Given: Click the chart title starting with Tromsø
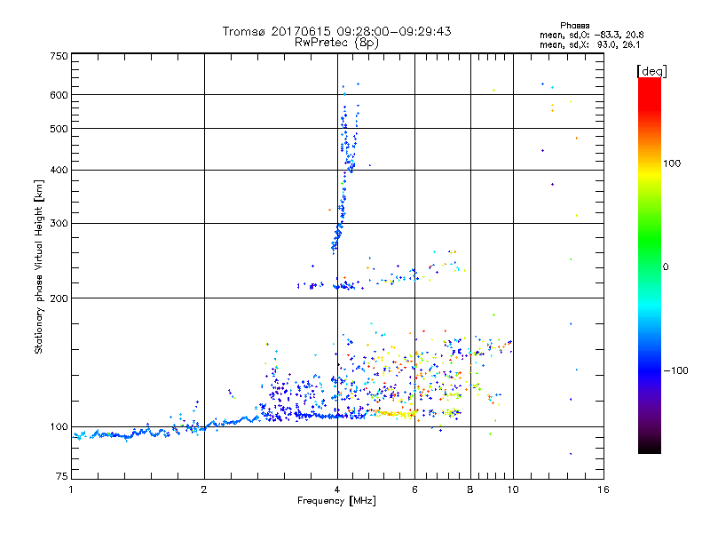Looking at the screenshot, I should click(337, 31).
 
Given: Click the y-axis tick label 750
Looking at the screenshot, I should click(59, 56).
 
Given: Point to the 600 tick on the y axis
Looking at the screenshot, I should click(59, 95).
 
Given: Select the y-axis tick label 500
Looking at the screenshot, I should click(59, 129).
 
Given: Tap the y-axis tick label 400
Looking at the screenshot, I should click(59, 171).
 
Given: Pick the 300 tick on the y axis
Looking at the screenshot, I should click(59, 224).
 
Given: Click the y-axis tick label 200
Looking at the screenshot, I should click(59, 298).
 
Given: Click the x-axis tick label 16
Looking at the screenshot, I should click(603, 489).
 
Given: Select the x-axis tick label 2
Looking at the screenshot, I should click(204, 489).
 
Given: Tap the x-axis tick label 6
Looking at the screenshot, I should click(414, 489).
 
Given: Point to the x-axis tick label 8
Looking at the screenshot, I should click(470, 489).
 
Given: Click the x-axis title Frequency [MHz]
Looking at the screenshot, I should click(336, 502).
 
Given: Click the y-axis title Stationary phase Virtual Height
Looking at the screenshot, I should click(39, 266).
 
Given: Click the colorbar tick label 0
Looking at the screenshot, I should click(666, 266).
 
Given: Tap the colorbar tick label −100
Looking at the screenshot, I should click(676, 370).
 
